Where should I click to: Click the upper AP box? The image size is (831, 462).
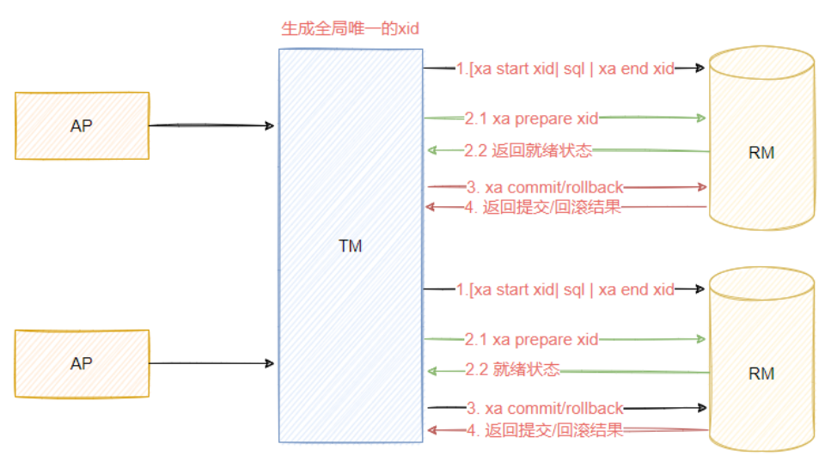pyautogui.click(x=82, y=125)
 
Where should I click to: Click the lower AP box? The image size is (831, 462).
pyautogui.click(x=82, y=363)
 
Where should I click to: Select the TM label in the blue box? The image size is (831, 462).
pyautogui.click(x=350, y=246)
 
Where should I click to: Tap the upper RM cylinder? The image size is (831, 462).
pyautogui.click(x=761, y=153)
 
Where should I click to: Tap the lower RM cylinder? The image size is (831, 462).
pyautogui.click(x=761, y=374)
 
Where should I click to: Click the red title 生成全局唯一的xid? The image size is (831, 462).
pyautogui.click(x=350, y=28)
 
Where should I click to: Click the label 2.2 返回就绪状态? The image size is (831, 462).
pyautogui.click(x=529, y=150)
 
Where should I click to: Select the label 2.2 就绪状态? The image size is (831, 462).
pyautogui.click(x=512, y=370)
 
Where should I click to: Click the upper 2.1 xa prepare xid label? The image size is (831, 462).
pyautogui.click(x=531, y=118)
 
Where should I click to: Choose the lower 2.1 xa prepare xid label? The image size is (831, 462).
pyautogui.click(x=531, y=339)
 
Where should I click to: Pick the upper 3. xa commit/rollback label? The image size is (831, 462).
pyautogui.click(x=545, y=186)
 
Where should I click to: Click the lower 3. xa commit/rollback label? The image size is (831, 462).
pyautogui.click(x=545, y=408)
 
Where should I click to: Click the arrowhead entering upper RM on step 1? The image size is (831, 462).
pyautogui.click(x=700, y=68)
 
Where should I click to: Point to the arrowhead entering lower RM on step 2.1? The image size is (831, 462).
pyautogui.click(x=700, y=339)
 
